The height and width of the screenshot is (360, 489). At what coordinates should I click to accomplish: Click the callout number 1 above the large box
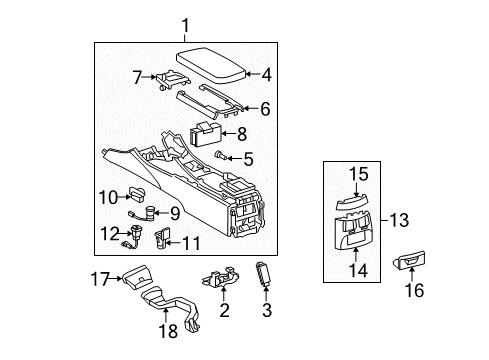click(185, 26)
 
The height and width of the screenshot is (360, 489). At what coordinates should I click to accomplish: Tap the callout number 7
click(138, 77)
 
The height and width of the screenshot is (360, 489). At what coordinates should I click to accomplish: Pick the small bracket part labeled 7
click(172, 80)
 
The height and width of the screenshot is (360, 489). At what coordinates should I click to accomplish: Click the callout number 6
click(265, 109)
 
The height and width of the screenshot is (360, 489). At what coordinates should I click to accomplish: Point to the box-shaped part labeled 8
click(206, 134)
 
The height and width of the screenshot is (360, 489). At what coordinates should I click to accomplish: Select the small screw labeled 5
click(221, 156)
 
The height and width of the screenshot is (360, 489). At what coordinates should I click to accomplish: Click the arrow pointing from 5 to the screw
click(235, 158)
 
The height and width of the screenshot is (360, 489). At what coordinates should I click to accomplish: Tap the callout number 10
click(109, 197)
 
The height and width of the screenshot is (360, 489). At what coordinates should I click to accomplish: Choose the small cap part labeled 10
click(137, 194)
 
